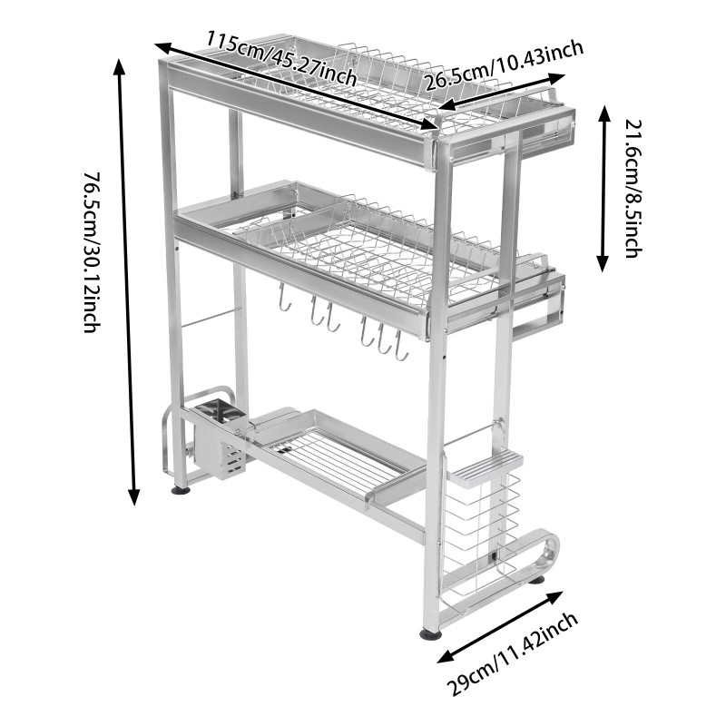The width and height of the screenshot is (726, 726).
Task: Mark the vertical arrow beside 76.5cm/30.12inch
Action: pyautogui.click(x=127, y=281)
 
